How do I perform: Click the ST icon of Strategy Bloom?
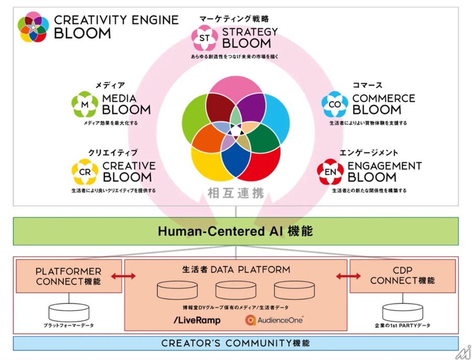point(203,38)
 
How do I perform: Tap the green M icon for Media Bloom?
point(84,104)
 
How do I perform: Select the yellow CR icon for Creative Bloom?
point(84,172)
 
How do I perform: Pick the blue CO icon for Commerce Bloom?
point(335,104)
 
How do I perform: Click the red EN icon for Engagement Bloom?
point(330,172)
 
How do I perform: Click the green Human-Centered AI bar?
point(235,230)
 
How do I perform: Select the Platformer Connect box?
point(69,276)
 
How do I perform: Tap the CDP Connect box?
point(402,276)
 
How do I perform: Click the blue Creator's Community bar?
point(235,343)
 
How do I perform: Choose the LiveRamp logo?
point(197,320)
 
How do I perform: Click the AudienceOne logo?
point(275,320)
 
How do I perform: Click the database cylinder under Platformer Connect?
point(69,312)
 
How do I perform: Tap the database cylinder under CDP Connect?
point(402,312)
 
